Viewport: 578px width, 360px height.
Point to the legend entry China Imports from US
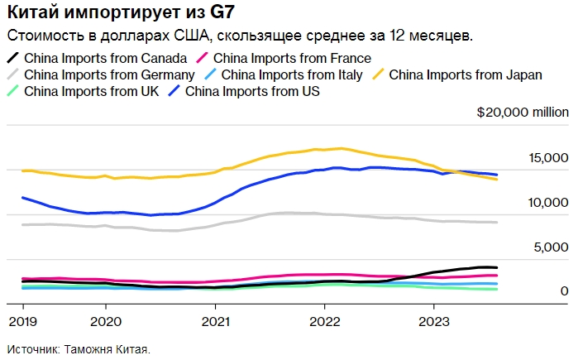[x=252, y=91]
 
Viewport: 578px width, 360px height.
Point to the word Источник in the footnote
[x=32, y=349]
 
